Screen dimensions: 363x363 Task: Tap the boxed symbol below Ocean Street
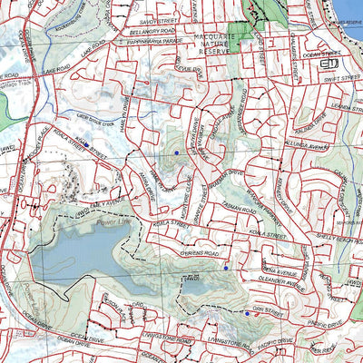click(x=331, y=65)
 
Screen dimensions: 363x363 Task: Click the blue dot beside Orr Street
click(x=247, y=314)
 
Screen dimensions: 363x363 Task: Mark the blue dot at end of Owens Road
click(x=225, y=268)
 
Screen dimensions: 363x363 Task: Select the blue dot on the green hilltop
click(x=176, y=153)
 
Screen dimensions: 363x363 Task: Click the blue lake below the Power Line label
click(x=82, y=254)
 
